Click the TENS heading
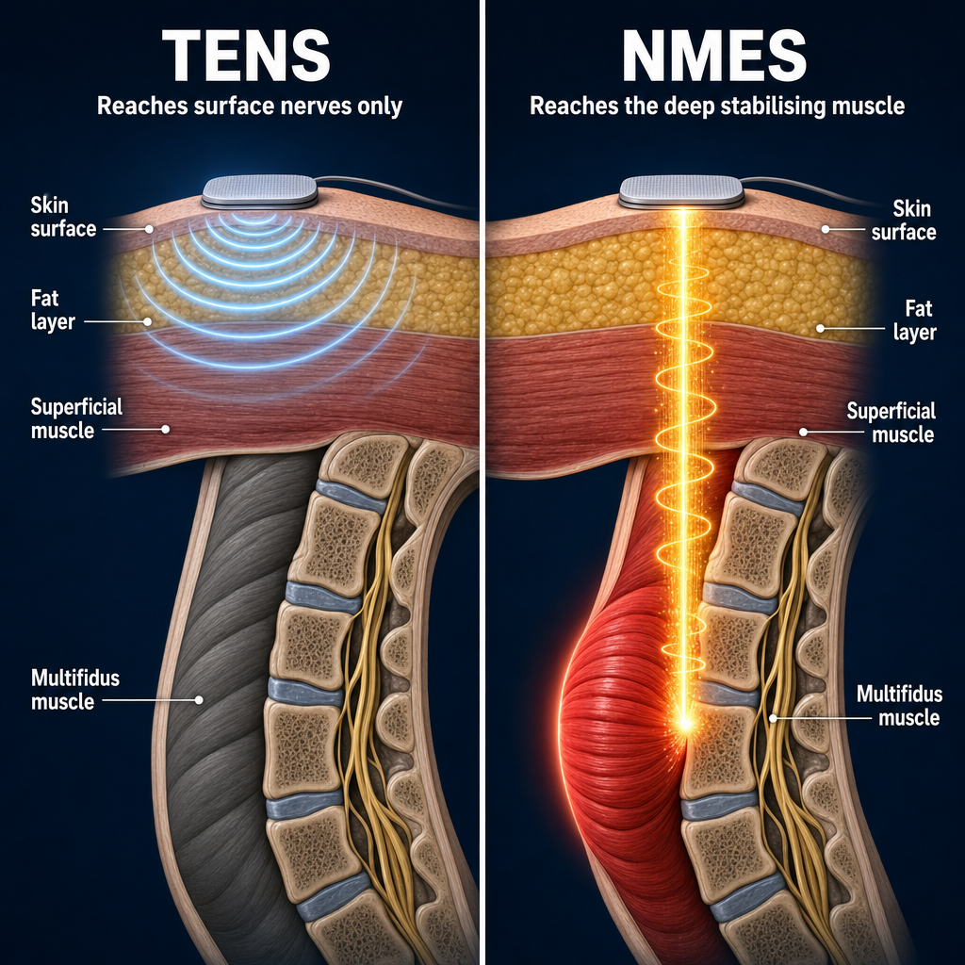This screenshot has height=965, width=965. pyautogui.click(x=246, y=56)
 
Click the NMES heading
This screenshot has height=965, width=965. pyautogui.click(x=714, y=56)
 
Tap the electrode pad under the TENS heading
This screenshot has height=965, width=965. pyautogui.click(x=260, y=191)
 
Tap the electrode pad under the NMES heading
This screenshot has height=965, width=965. pyautogui.click(x=681, y=191)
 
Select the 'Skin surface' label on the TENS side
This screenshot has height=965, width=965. pyautogui.click(x=63, y=217)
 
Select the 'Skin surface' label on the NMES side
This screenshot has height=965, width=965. pyautogui.click(x=904, y=221)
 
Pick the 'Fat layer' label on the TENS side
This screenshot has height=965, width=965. pyautogui.click(x=53, y=309)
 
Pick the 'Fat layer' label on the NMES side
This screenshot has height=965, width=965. pyautogui.click(x=914, y=320)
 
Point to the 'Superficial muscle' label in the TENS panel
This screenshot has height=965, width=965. pyautogui.click(x=76, y=418)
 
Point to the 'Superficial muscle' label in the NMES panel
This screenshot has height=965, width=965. pyautogui.click(x=891, y=422)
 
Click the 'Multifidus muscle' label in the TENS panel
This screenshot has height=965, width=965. pyautogui.click(x=75, y=689)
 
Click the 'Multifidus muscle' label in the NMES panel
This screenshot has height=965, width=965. pyautogui.click(x=899, y=706)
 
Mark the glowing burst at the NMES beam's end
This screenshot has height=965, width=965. pyautogui.click(x=684, y=721)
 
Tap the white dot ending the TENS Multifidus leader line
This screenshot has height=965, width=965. pyautogui.click(x=199, y=700)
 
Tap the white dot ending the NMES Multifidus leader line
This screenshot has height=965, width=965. pyautogui.click(x=773, y=717)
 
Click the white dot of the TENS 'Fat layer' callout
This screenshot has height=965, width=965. pyautogui.click(x=147, y=321)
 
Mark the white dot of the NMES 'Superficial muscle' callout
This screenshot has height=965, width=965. pyautogui.click(x=803, y=432)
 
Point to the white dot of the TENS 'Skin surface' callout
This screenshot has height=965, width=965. pyautogui.click(x=148, y=228)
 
